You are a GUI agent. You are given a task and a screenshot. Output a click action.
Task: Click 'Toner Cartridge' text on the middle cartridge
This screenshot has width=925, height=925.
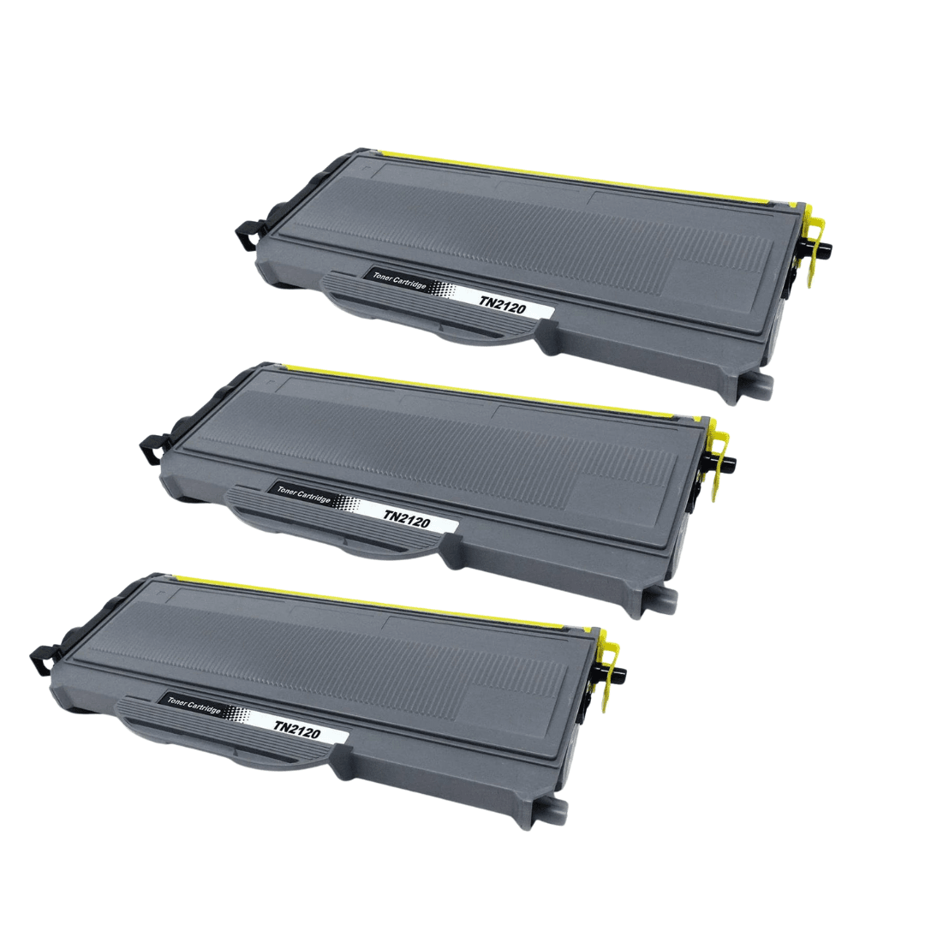pos(304,492)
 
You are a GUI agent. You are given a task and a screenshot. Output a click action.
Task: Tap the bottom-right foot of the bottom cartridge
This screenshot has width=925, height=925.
pos(550,810)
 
